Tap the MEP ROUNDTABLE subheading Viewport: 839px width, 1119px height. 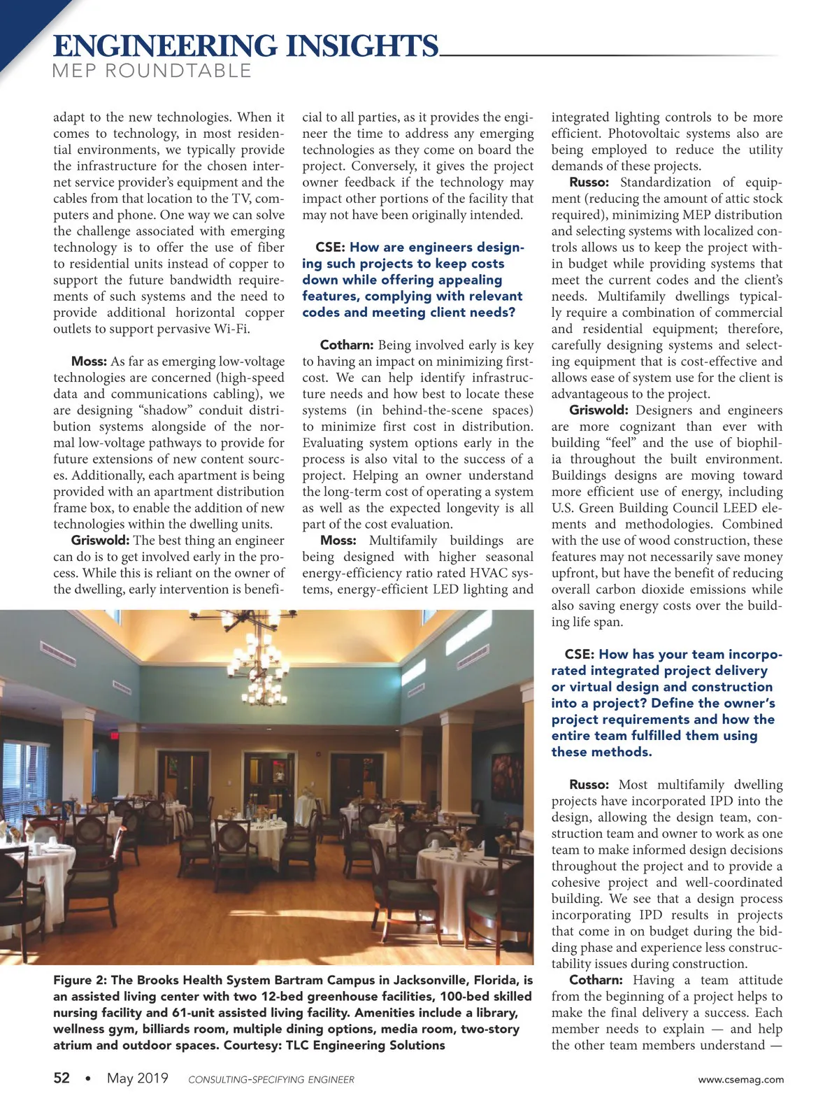pyautogui.click(x=152, y=71)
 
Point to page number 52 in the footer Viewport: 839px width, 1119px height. pyautogui.click(x=62, y=1078)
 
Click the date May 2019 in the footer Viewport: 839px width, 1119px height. pyautogui.click(x=138, y=1078)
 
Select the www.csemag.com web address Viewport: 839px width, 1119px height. pyautogui.click(x=741, y=1079)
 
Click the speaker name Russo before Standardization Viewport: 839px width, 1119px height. pyautogui.click(x=589, y=183)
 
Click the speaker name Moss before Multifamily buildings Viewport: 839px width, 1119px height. pyautogui.click(x=338, y=541)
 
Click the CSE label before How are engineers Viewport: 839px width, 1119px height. pyautogui.click(x=329, y=248)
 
